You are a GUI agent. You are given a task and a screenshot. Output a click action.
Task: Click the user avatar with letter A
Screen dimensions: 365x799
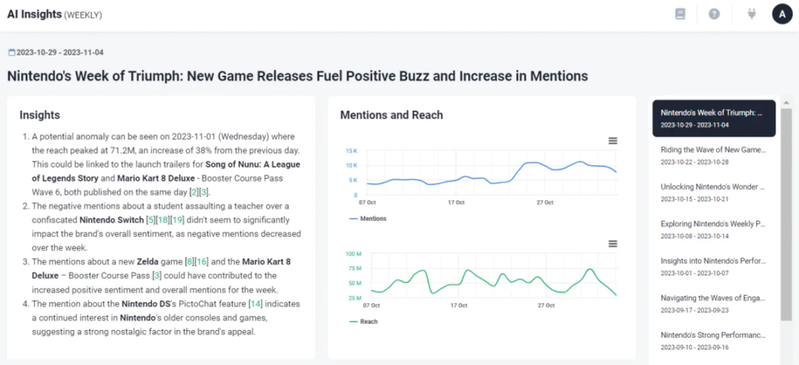coord(782,14)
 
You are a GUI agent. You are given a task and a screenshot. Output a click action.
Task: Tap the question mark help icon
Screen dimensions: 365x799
coord(714,14)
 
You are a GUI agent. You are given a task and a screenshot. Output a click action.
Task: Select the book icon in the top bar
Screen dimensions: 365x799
coord(680,14)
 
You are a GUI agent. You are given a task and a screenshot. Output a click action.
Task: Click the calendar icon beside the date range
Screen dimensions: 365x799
coord(11,52)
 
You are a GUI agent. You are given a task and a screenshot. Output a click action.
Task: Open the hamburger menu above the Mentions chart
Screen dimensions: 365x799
coord(613,140)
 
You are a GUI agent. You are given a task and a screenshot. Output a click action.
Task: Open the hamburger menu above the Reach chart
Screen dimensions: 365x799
coord(613,244)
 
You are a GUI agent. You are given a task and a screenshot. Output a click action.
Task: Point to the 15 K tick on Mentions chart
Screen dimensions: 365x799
coord(351,151)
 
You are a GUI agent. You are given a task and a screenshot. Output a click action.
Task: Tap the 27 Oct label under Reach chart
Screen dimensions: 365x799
coord(545,306)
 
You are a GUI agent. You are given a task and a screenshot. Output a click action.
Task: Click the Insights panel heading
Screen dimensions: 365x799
coord(40,115)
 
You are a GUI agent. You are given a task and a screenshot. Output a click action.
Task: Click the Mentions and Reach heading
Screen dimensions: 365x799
coord(392,115)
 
